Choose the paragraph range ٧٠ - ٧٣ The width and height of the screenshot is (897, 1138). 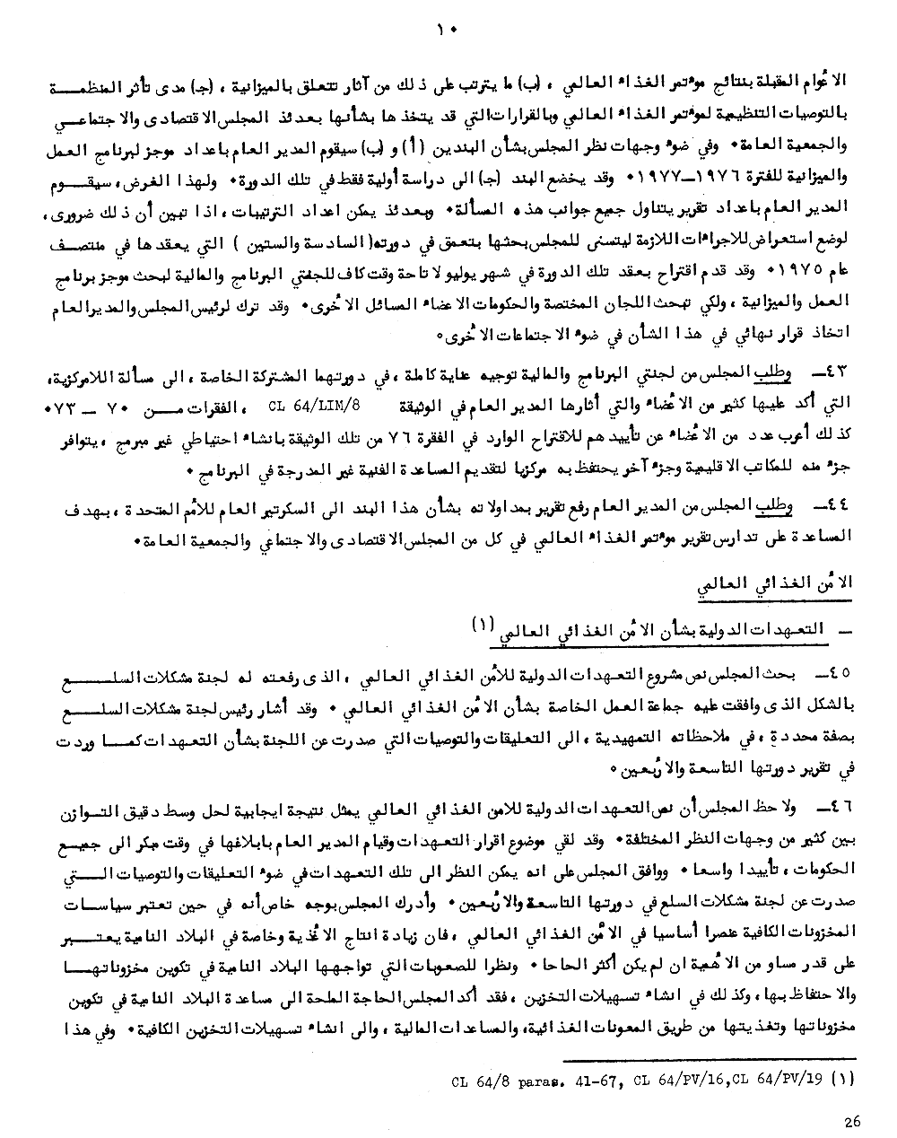click(100, 406)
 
